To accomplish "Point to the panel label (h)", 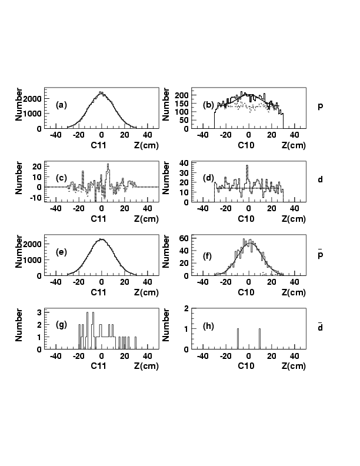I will click(208, 324).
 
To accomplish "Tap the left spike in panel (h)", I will click(238, 338).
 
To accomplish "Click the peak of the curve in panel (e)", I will click(102, 239).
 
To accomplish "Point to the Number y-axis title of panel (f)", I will click(169, 252).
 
